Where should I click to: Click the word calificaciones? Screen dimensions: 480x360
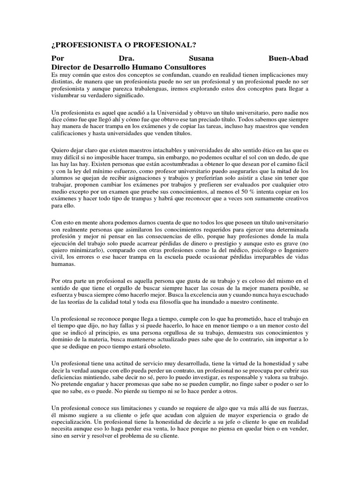pyautogui.click(x=71, y=133)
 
